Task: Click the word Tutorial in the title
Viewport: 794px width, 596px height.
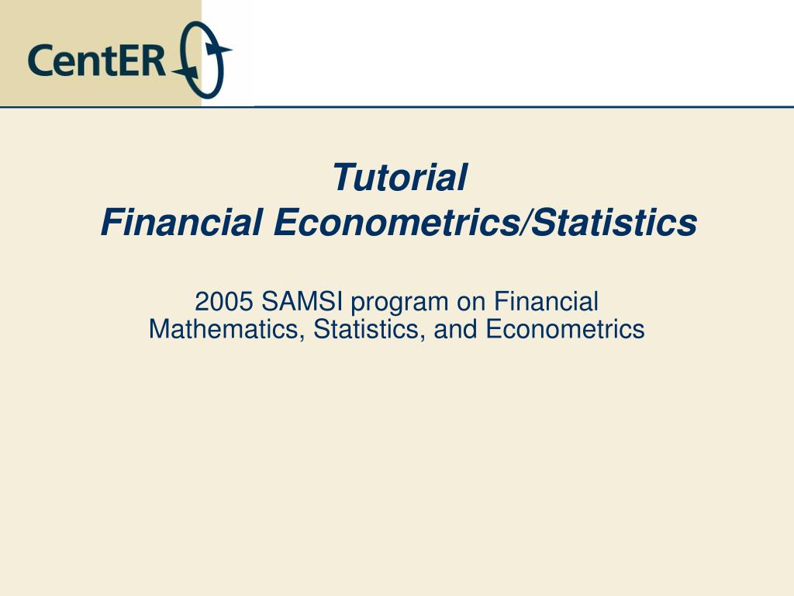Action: click(399, 178)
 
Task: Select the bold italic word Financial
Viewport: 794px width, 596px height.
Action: click(181, 223)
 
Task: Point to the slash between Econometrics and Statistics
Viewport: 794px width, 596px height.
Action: click(526, 223)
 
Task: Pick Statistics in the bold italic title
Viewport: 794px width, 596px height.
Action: click(615, 223)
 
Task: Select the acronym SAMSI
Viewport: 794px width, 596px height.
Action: click(302, 302)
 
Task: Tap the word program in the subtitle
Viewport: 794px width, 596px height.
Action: click(399, 304)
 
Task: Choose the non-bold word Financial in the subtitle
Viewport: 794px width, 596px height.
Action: click(546, 302)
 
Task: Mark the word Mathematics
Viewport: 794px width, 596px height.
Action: click(226, 329)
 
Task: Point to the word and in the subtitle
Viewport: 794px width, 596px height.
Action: click(455, 329)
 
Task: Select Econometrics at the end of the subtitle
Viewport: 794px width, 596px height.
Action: click(565, 329)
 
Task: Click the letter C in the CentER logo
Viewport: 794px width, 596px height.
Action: click(40, 61)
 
